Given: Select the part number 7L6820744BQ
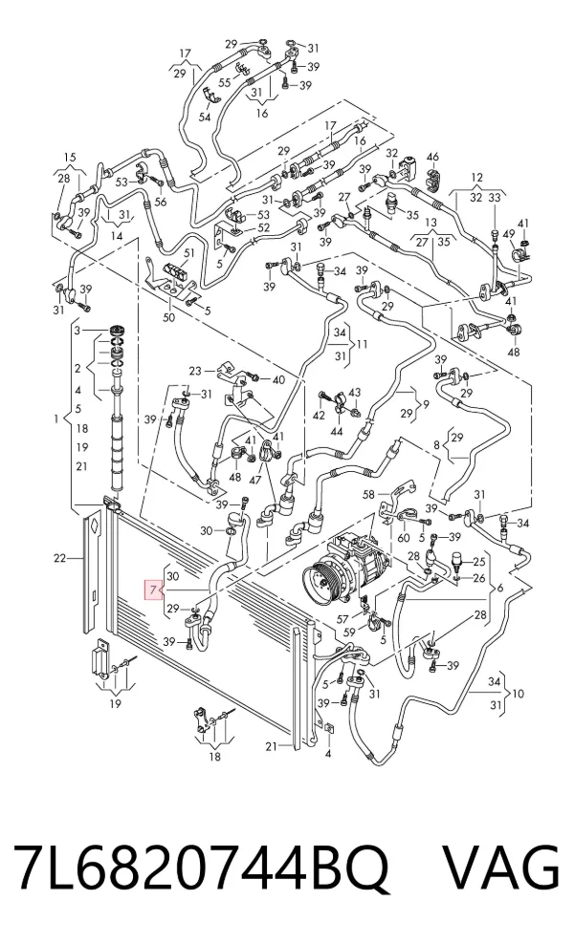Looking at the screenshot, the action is [x=201, y=869].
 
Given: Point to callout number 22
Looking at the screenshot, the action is [x=59, y=558].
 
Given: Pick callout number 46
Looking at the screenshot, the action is [x=432, y=158].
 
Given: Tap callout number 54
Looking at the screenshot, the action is [x=205, y=117].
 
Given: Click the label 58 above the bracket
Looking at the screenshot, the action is [x=368, y=496].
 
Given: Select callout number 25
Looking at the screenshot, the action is [x=478, y=563].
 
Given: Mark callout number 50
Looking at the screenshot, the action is [x=168, y=317].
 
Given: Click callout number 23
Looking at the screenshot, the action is [x=195, y=371].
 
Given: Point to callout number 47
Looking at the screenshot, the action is [x=255, y=480].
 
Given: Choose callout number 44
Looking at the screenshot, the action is [x=337, y=431].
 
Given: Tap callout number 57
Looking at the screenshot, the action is [x=342, y=619].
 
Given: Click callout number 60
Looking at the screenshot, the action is [x=403, y=538].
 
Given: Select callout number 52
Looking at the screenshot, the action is [x=263, y=228].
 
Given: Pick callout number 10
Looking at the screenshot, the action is [x=518, y=694].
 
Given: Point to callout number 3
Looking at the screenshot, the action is [x=77, y=330].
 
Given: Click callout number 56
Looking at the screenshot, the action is [x=161, y=203].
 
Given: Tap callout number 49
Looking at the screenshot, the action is [x=508, y=234].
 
